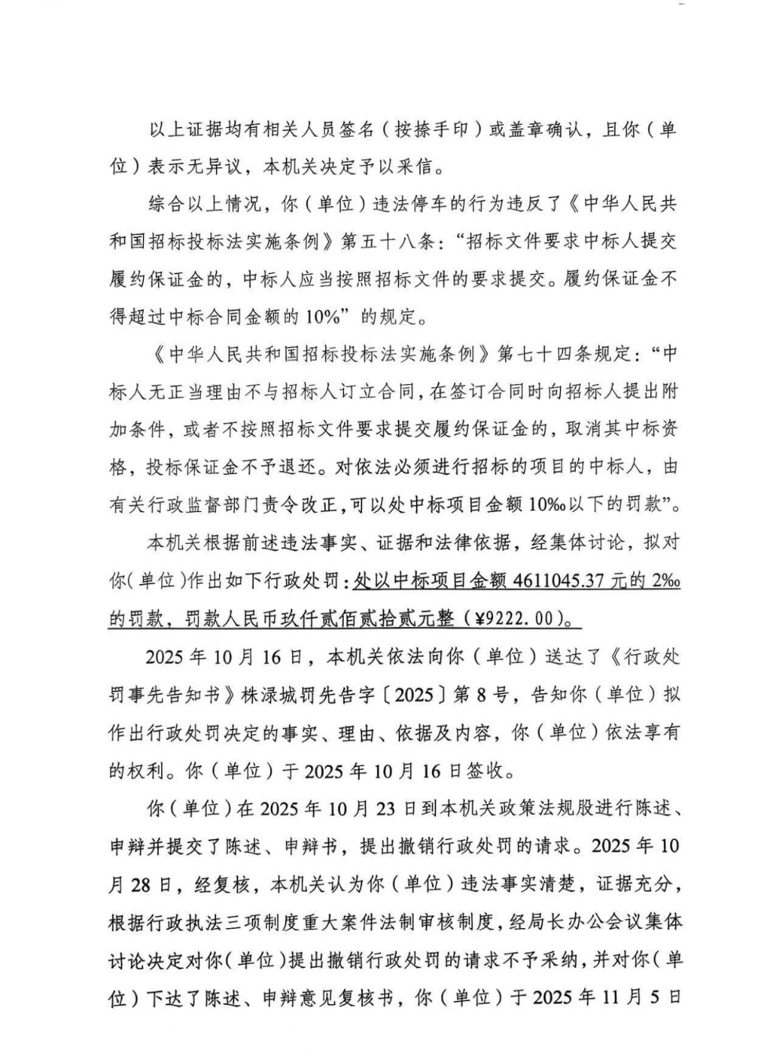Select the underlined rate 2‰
coord(665,580)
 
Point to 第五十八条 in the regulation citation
coord(387,241)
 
